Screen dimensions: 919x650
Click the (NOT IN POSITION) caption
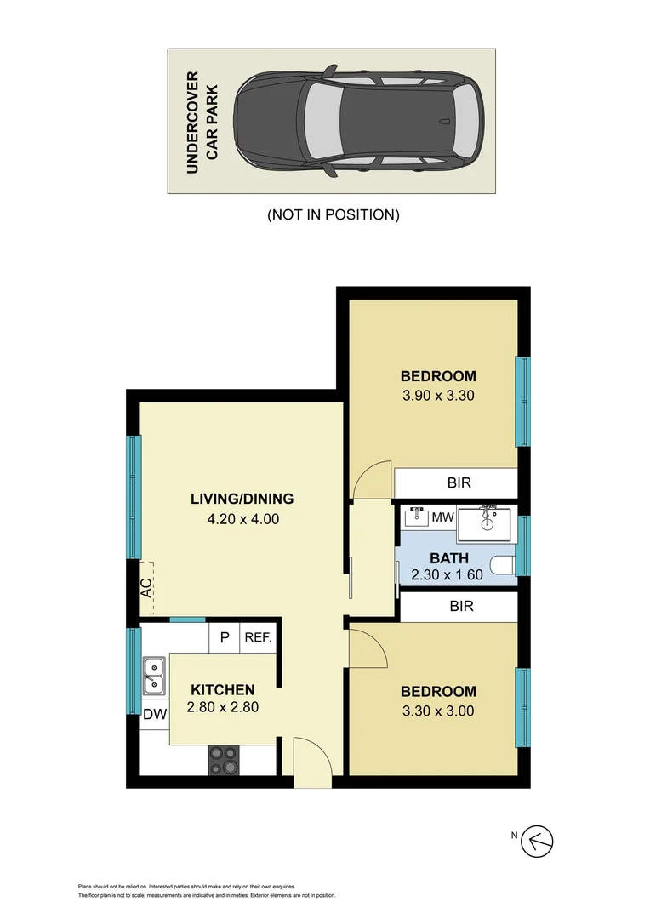click(333, 214)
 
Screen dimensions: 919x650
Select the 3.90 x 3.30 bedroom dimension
click(438, 395)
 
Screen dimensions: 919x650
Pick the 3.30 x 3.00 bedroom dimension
click(438, 711)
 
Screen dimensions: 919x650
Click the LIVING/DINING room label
click(242, 499)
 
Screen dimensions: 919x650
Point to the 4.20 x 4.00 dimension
click(242, 518)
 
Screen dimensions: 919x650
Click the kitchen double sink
click(154, 675)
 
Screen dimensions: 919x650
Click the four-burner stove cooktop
click(225, 759)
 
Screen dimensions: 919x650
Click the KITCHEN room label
click(222, 689)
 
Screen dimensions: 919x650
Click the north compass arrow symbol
click(538, 842)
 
